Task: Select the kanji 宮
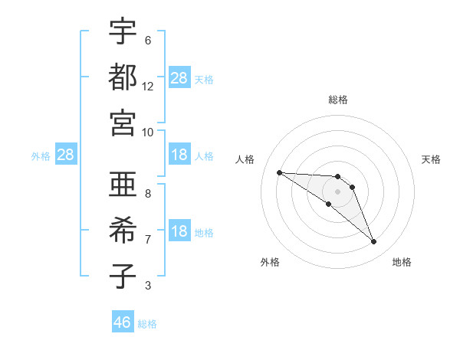click(x=123, y=123)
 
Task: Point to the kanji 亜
click(x=123, y=185)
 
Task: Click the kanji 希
click(x=123, y=230)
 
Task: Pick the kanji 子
click(x=123, y=277)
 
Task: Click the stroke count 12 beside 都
click(x=148, y=87)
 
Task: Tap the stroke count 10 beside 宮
click(x=148, y=132)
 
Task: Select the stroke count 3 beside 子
click(x=148, y=286)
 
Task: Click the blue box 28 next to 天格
click(x=179, y=77)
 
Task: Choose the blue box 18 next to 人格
click(x=179, y=155)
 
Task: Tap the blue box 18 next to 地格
click(x=179, y=231)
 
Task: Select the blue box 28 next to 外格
click(x=66, y=155)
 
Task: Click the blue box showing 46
click(x=123, y=322)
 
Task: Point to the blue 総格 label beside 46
click(x=147, y=324)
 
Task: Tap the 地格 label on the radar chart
click(x=402, y=262)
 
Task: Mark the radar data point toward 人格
click(x=279, y=172)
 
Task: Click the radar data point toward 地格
click(x=373, y=242)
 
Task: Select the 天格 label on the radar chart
click(x=431, y=159)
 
